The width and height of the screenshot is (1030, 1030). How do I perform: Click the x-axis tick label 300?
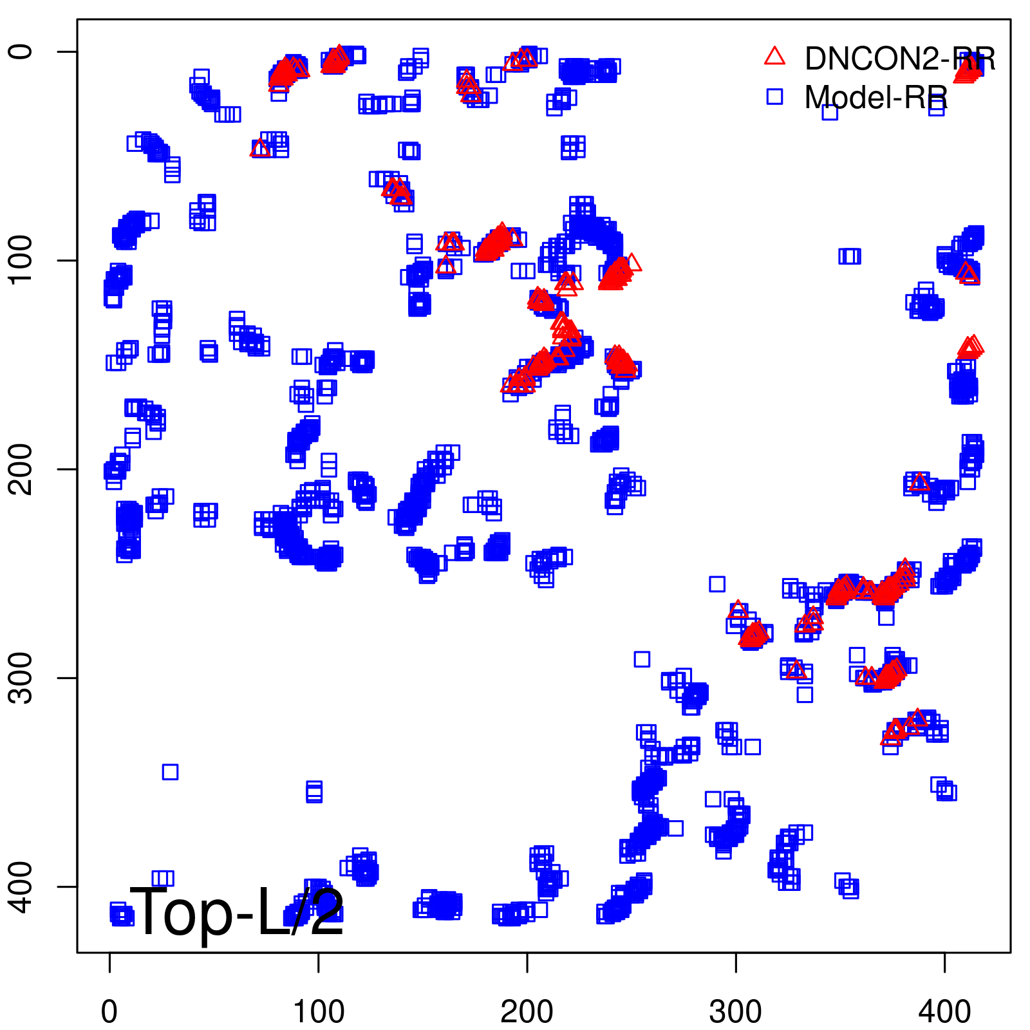point(735,1011)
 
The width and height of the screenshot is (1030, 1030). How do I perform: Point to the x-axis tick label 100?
point(318,1011)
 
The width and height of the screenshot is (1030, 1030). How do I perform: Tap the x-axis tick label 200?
point(527,1011)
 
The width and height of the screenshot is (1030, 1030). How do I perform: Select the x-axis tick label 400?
point(944,1011)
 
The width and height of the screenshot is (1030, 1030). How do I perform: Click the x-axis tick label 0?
point(109,1011)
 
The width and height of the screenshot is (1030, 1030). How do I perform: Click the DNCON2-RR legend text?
point(900,59)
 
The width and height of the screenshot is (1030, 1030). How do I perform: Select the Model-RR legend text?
point(876,98)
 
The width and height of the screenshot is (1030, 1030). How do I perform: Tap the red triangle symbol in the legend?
point(774,57)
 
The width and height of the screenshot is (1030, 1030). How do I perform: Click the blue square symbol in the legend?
point(774,97)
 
